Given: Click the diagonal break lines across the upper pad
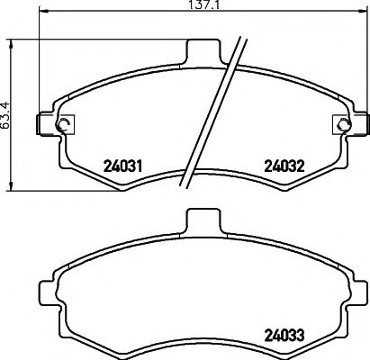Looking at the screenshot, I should [216, 112].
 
